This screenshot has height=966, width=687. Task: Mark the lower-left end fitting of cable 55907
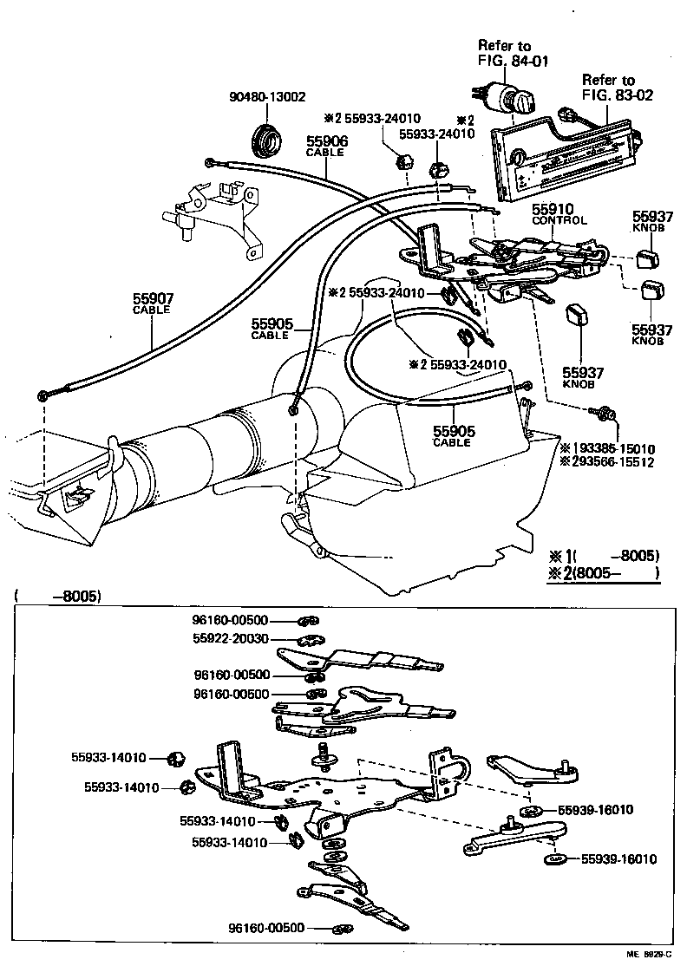(45, 396)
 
